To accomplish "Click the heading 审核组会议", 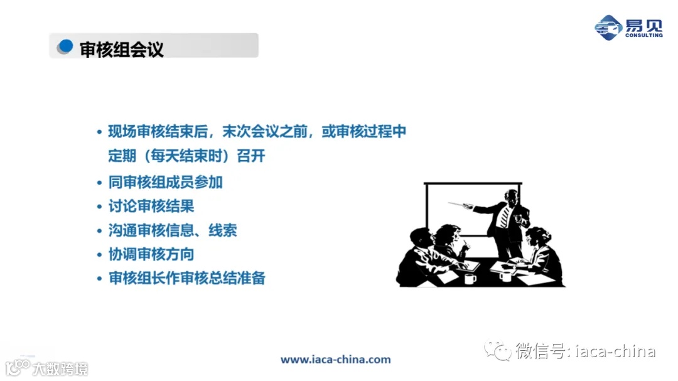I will coord(122,50).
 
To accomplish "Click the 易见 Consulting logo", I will coord(628,27).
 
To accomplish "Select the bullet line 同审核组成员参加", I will coord(166,183).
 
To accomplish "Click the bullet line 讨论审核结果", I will coord(151,207).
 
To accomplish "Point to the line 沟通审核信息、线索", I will coord(173,230).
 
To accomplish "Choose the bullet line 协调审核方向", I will coord(151,254).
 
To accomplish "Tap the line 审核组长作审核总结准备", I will coord(187,278).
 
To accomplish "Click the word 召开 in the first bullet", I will coord(251,156).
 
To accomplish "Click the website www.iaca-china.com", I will coord(335,360).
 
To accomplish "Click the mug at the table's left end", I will coord(470,279).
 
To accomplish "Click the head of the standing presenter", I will coord(512,196).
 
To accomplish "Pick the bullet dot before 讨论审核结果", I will coord(99,207).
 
